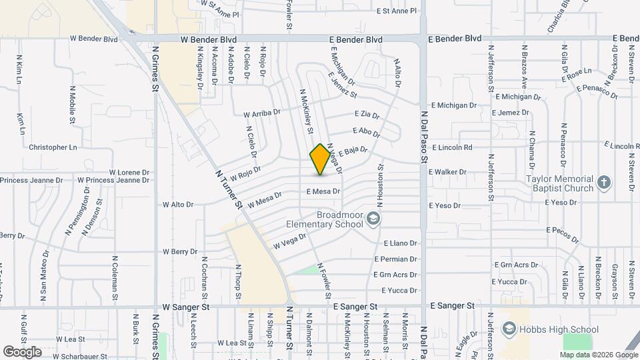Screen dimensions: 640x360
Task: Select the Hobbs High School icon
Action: [x=509, y=329]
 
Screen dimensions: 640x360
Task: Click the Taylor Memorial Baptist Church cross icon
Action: [x=603, y=183]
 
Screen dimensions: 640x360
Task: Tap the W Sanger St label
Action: [x=187, y=307]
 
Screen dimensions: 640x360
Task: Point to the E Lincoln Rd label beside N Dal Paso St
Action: [x=452, y=147]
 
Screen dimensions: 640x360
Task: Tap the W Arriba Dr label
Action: [x=261, y=114]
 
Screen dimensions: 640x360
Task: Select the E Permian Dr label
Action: [x=395, y=259]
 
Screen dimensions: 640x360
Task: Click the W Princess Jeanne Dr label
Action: [x=113, y=180]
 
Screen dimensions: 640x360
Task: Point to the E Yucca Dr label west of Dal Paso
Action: [x=399, y=291]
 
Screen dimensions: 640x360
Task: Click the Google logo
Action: [x=21, y=351]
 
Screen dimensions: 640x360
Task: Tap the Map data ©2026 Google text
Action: [x=598, y=355]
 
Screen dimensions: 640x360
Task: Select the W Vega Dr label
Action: [x=289, y=241]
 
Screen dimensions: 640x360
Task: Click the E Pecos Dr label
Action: [x=564, y=230]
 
